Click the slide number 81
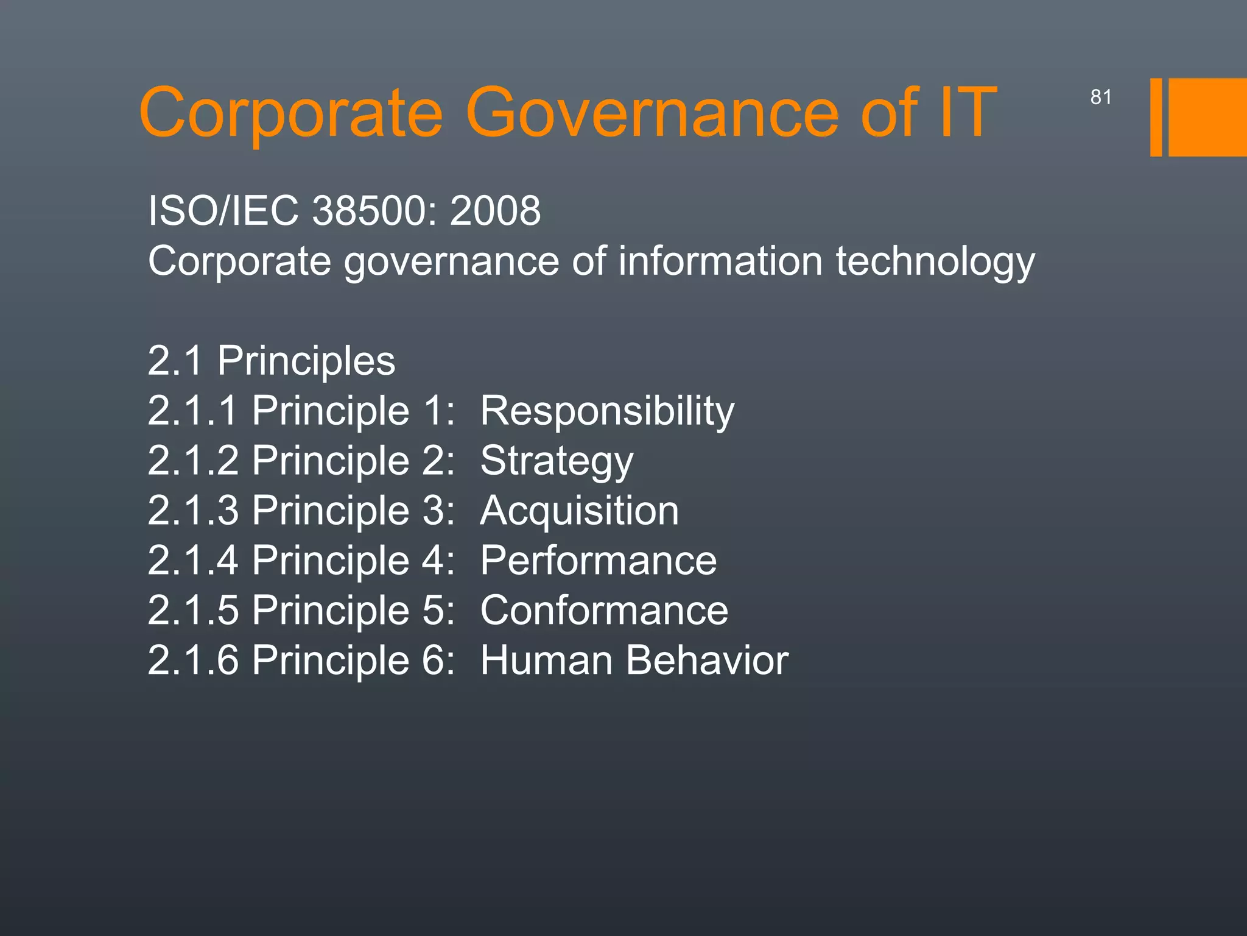point(1101,97)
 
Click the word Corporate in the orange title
point(291,113)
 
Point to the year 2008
point(495,211)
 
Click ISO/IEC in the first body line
point(223,211)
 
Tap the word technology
point(935,262)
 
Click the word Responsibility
point(607,411)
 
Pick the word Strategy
point(557,461)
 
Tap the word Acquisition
point(579,511)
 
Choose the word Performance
point(599,561)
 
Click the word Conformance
point(604,611)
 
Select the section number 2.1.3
point(193,511)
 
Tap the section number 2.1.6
point(193,661)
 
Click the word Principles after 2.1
point(306,361)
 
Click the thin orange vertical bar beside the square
point(1156,118)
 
